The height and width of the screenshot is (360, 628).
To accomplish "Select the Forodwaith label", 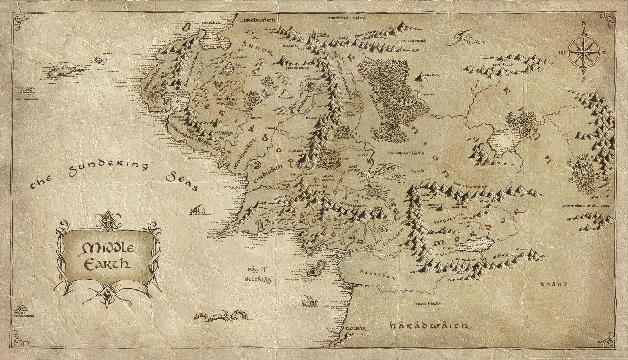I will (258, 20).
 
